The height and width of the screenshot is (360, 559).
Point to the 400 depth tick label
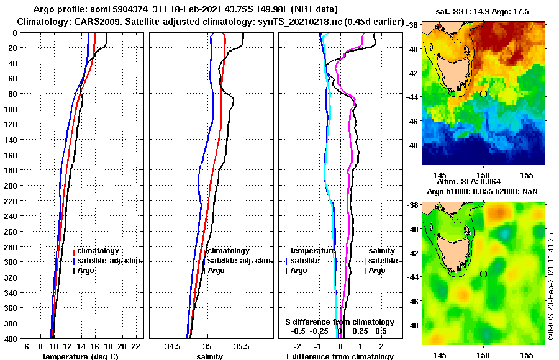[x=11, y=338]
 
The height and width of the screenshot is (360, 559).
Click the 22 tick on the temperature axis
[x=135, y=346]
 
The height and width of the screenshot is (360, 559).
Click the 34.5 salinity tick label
[x=173, y=346]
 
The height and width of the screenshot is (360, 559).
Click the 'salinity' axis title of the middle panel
[x=209, y=356]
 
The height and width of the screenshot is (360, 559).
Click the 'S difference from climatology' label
[x=339, y=322]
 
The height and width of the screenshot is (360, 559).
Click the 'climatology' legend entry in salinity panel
[x=228, y=251]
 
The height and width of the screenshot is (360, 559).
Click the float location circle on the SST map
[x=483, y=94]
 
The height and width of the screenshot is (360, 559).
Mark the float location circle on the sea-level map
[x=483, y=274]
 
